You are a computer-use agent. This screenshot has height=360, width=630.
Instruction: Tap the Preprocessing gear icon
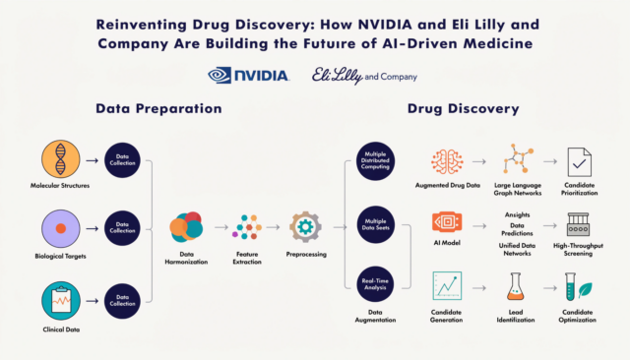pos(304,227)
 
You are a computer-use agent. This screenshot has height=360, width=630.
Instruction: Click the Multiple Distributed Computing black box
pos(375,160)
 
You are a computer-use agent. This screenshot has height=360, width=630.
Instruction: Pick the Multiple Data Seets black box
pos(375,225)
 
